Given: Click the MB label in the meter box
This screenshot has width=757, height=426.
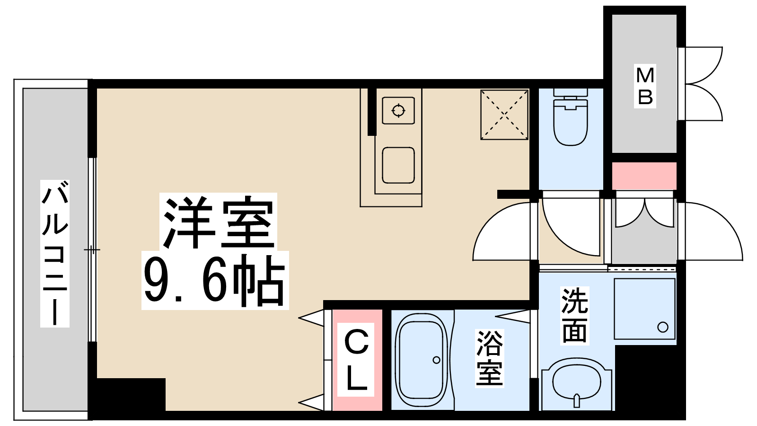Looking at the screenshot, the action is (645, 86).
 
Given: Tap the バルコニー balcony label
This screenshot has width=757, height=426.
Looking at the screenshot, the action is (55, 253).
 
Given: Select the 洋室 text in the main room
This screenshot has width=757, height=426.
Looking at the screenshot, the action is (218, 222).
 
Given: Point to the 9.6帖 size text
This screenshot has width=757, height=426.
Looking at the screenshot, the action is (215, 280).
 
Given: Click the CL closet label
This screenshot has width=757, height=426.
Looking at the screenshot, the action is (355, 359).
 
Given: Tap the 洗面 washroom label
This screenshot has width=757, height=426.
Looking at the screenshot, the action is (574, 315).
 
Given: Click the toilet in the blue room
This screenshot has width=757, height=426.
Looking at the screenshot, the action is (571, 116).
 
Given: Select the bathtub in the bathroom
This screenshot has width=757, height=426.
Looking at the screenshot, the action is (422, 362).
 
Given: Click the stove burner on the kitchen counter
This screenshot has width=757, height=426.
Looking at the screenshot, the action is (398, 111).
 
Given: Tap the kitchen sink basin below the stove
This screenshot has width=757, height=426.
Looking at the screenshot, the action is (398, 165).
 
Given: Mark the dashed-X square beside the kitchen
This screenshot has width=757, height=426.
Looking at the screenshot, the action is (504, 115).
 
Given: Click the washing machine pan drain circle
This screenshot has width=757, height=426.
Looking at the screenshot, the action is (663, 327).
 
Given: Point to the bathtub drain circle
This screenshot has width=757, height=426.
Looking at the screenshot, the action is (436, 360).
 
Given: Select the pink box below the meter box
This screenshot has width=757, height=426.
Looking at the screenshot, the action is (644, 176).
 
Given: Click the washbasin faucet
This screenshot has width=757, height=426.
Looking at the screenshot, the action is (577, 400).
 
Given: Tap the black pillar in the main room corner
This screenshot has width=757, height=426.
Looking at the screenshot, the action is (131, 395).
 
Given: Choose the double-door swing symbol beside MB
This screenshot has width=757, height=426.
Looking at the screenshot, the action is (703, 84).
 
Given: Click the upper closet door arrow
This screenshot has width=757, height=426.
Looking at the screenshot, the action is (311, 318).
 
